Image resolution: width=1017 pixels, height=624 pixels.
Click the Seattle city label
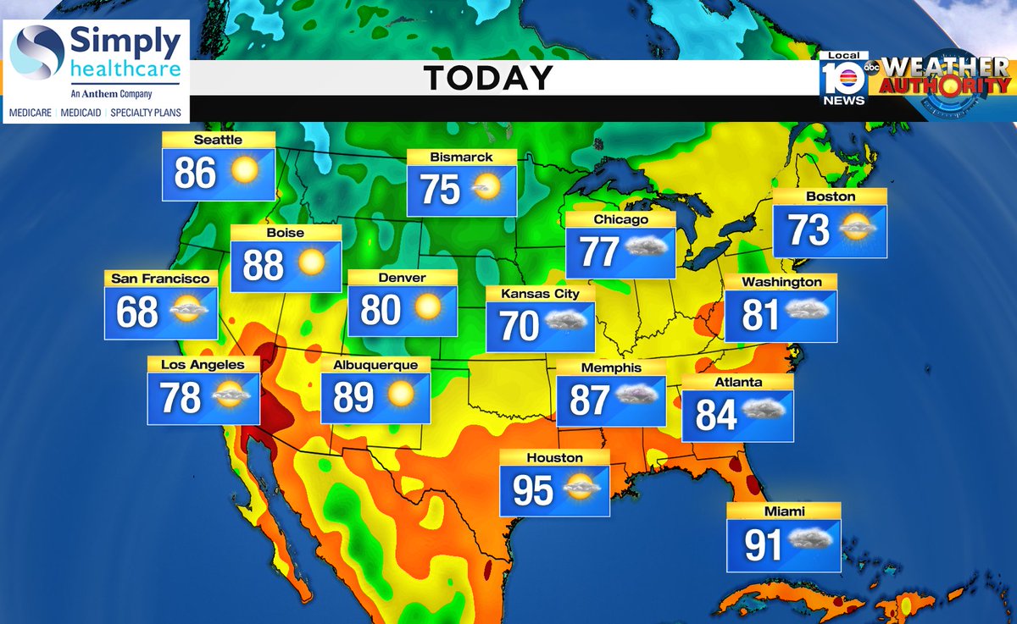(218, 140)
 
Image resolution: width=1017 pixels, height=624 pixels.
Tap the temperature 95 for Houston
(532, 491)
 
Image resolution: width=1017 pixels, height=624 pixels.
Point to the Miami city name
(783, 511)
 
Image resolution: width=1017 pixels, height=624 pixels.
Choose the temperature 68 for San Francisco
(137, 312)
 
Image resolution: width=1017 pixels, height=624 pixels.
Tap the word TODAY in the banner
(488, 78)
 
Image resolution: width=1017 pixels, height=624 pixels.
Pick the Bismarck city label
(461, 157)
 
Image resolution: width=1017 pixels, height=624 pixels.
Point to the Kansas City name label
(540, 294)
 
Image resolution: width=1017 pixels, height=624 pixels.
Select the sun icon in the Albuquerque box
(400, 395)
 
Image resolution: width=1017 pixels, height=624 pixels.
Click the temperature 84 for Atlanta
(716, 415)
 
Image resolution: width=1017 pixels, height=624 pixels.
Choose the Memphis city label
(610, 368)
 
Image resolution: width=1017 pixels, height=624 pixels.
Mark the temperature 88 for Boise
(264, 265)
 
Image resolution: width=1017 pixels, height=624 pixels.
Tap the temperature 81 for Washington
(760, 316)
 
